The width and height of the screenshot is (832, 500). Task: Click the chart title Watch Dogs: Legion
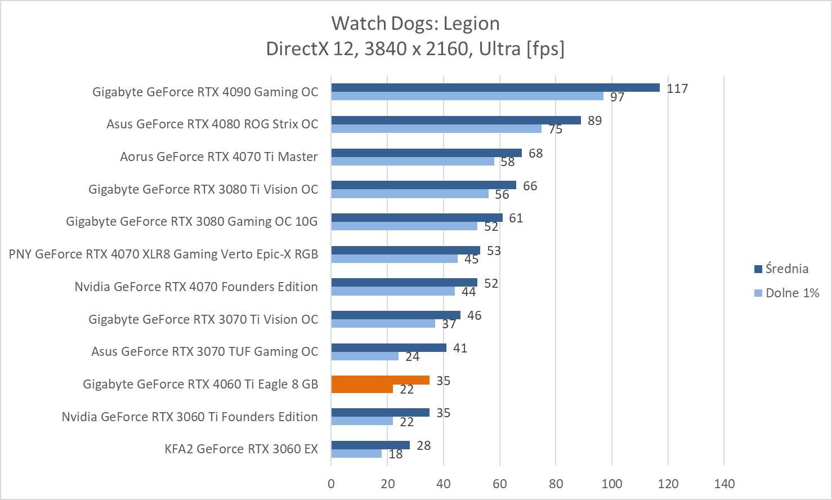pyautogui.click(x=415, y=24)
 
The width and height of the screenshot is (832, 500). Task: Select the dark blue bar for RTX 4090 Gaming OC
pyautogui.click(x=495, y=87)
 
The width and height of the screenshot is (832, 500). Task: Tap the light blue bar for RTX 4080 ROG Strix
pyautogui.click(x=436, y=128)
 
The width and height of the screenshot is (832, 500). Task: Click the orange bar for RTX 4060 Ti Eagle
pyautogui.click(x=380, y=380)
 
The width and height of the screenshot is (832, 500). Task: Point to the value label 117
pyautogui.click(x=677, y=88)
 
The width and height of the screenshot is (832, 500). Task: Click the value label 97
pyautogui.click(x=618, y=97)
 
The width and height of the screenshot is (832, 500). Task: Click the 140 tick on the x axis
pyautogui.click(x=724, y=484)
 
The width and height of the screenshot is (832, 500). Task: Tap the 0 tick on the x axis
pyautogui.click(x=331, y=484)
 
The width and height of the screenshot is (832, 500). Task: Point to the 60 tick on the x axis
pyautogui.click(x=499, y=484)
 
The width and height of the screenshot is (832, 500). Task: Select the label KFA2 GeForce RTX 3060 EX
pyautogui.click(x=241, y=449)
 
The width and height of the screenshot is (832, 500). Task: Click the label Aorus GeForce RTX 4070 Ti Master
pyautogui.click(x=218, y=157)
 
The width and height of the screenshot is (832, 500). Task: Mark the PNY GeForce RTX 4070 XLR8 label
pyautogui.click(x=163, y=254)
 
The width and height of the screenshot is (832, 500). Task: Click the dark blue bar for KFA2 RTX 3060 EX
pyautogui.click(x=370, y=445)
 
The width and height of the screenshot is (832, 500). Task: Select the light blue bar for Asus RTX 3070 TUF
pyautogui.click(x=364, y=356)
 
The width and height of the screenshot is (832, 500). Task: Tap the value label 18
pyautogui.click(x=396, y=454)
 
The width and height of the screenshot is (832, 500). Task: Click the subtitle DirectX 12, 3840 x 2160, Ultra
pyautogui.click(x=415, y=49)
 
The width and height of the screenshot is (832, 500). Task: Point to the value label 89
pyautogui.click(x=594, y=121)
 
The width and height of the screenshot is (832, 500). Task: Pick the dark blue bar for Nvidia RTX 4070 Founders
pyautogui.click(x=404, y=283)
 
